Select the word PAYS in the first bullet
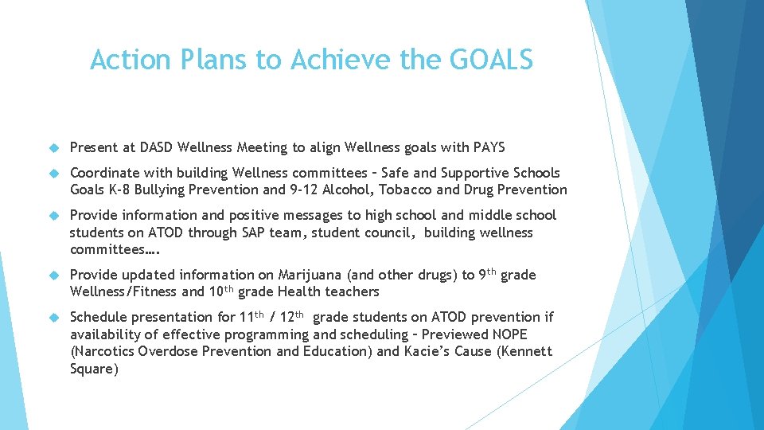[x=488, y=147]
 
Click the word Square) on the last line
[x=94, y=369]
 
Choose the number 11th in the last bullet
[x=251, y=316]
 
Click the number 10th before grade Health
[x=195, y=292]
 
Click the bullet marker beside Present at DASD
[x=55, y=148]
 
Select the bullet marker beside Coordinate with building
[x=55, y=174]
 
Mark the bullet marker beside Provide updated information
[x=55, y=276]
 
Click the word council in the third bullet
[x=391, y=233]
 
